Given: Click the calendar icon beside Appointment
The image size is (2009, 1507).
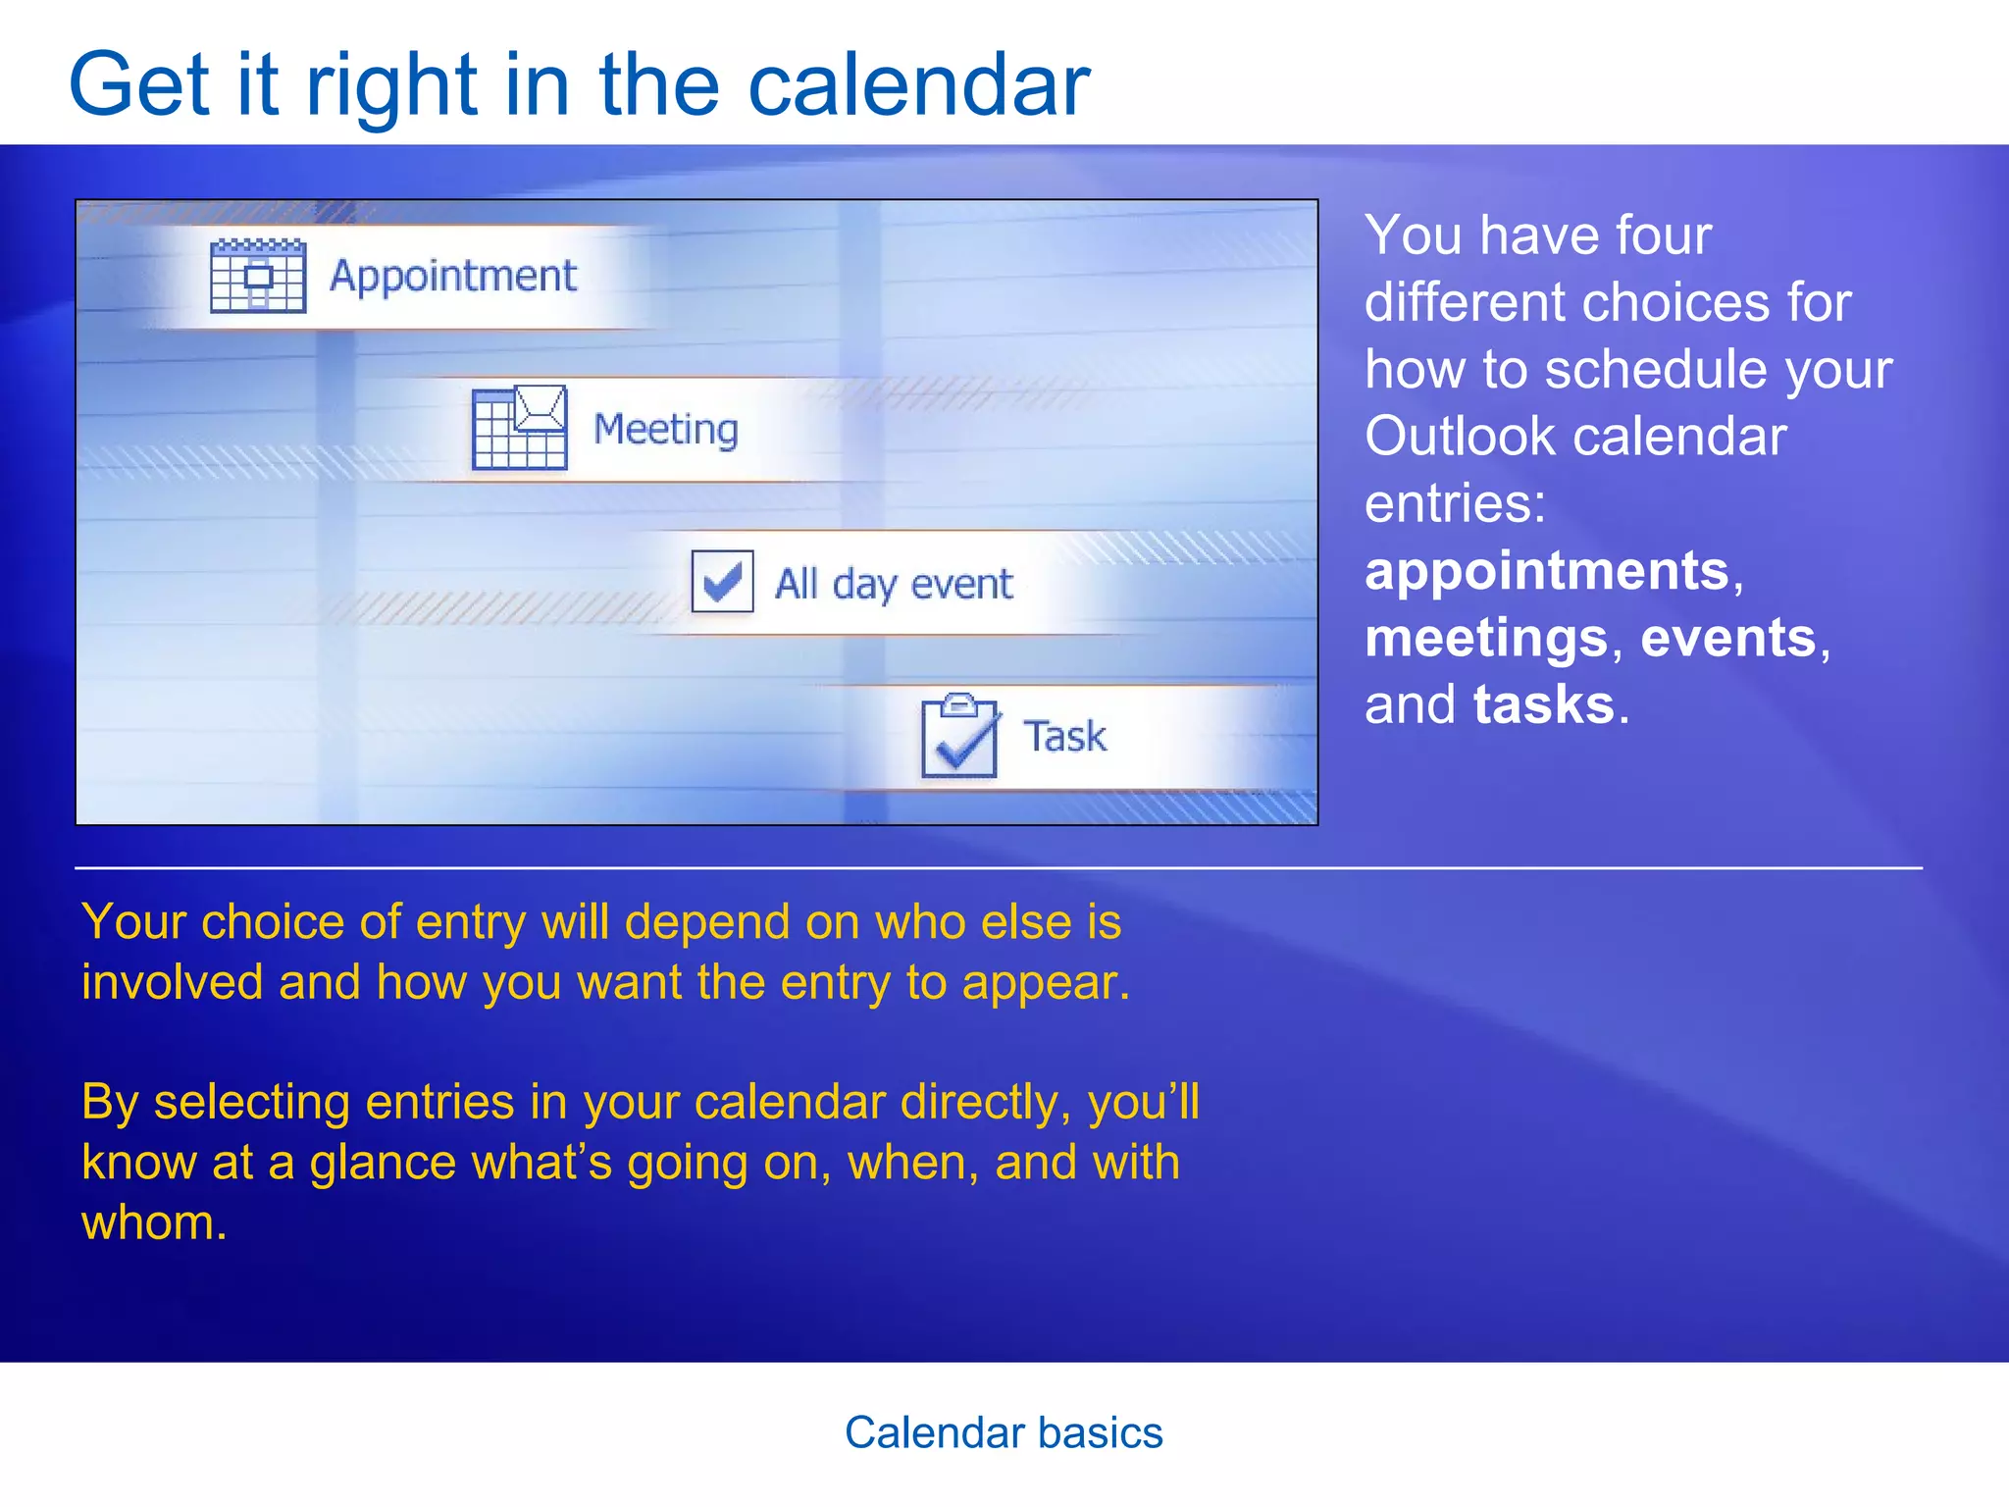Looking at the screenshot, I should (258, 276).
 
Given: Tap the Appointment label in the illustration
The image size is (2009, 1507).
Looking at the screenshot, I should (453, 277).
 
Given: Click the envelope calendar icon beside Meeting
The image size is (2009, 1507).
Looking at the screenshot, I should (519, 428).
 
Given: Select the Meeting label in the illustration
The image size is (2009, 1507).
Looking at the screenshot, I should (666, 430).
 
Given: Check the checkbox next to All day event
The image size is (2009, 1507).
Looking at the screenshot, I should (722, 581).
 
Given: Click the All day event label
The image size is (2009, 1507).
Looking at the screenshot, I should (894, 585).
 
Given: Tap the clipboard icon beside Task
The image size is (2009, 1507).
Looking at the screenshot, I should (959, 736).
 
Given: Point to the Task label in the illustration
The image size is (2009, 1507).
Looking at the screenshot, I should (1064, 737).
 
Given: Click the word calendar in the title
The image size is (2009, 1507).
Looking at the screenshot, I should (918, 86).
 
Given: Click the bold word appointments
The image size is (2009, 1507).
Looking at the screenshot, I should (1547, 571).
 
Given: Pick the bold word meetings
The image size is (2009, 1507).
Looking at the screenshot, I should (1486, 638).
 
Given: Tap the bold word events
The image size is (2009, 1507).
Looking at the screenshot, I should (1728, 638).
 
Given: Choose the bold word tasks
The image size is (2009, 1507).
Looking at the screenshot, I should (1543, 704).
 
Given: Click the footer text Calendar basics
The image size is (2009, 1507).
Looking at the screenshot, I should (1004, 1433).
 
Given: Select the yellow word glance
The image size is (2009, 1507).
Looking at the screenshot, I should (383, 1164).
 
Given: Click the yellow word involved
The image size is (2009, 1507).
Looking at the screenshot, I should (172, 983).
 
